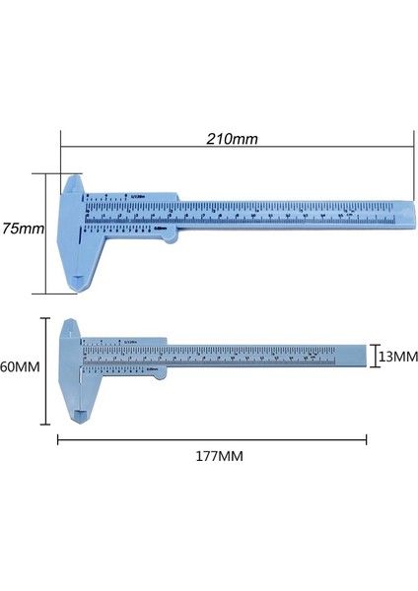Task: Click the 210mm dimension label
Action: tap(234, 139)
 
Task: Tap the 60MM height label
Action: tap(20, 366)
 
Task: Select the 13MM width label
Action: tap(397, 357)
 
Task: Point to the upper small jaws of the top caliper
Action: tap(75, 183)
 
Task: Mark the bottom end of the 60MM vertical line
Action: tap(44, 425)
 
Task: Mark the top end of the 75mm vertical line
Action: tap(45, 174)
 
